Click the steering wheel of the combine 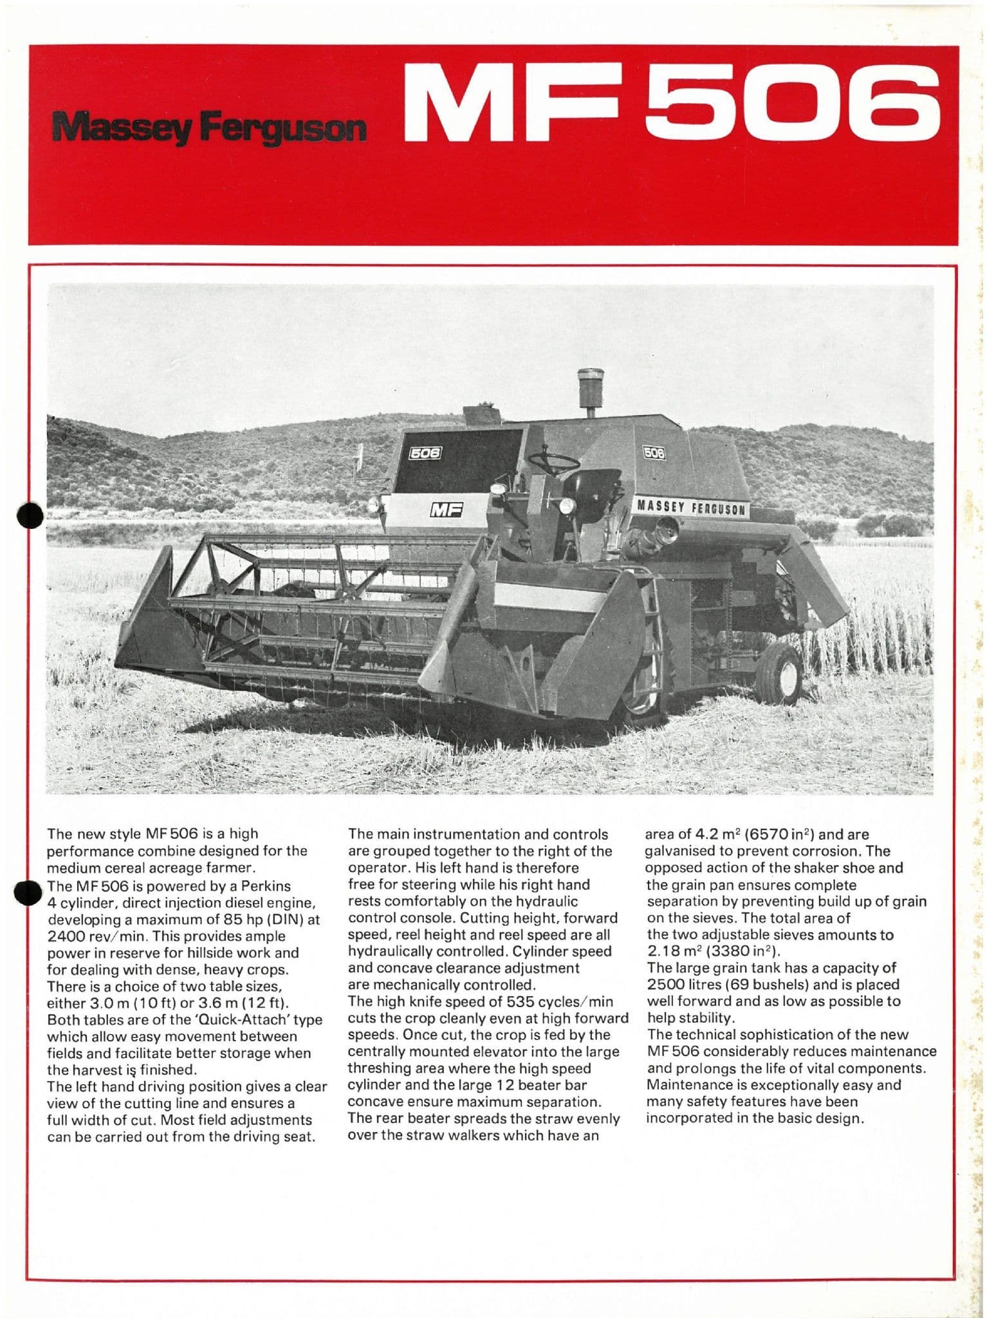[x=553, y=461]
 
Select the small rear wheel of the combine [x=780, y=674]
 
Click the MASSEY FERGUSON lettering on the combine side [x=691, y=508]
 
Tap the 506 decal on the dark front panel [x=425, y=453]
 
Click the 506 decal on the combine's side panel [x=654, y=452]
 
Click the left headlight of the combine [x=373, y=506]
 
